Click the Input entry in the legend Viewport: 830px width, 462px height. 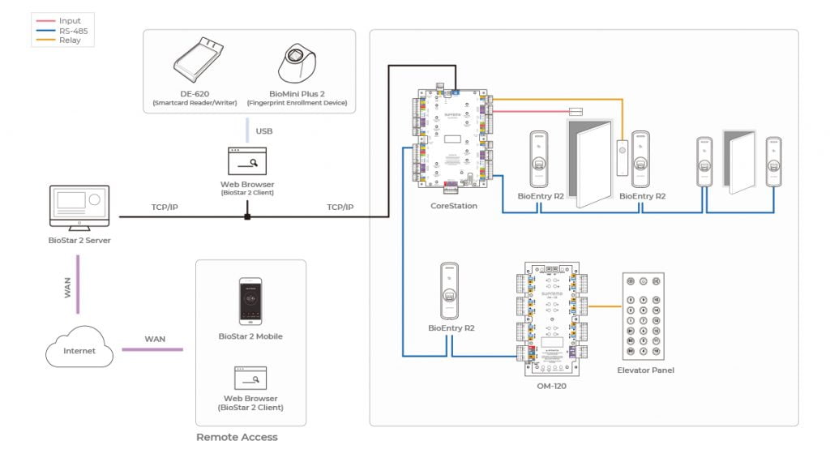[x=70, y=21]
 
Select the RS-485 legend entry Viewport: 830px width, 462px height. [x=73, y=29]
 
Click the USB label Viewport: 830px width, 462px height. [x=264, y=130]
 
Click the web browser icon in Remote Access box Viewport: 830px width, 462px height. [x=250, y=378]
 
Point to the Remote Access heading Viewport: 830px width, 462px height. [x=237, y=437]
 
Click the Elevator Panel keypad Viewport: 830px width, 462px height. [x=645, y=315]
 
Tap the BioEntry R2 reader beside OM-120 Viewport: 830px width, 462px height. [x=451, y=292]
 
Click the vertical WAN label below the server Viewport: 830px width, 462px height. [x=68, y=287]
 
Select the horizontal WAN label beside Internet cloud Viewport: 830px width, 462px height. [x=155, y=339]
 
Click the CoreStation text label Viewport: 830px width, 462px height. [x=454, y=206]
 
